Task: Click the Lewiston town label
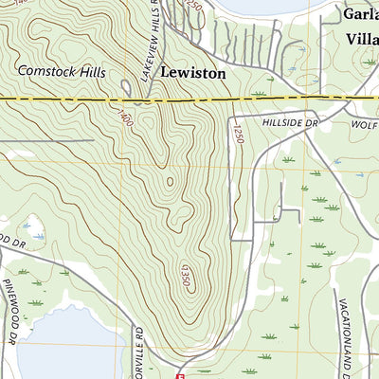click(193, 72)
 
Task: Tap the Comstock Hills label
click(62, 72)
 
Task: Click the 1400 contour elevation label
click(125, 119)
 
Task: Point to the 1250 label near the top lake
click(194, 9)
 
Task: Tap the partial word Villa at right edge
click(362, 39)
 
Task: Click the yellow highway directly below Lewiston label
click(193, 99)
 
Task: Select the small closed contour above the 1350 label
click(171, 182)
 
